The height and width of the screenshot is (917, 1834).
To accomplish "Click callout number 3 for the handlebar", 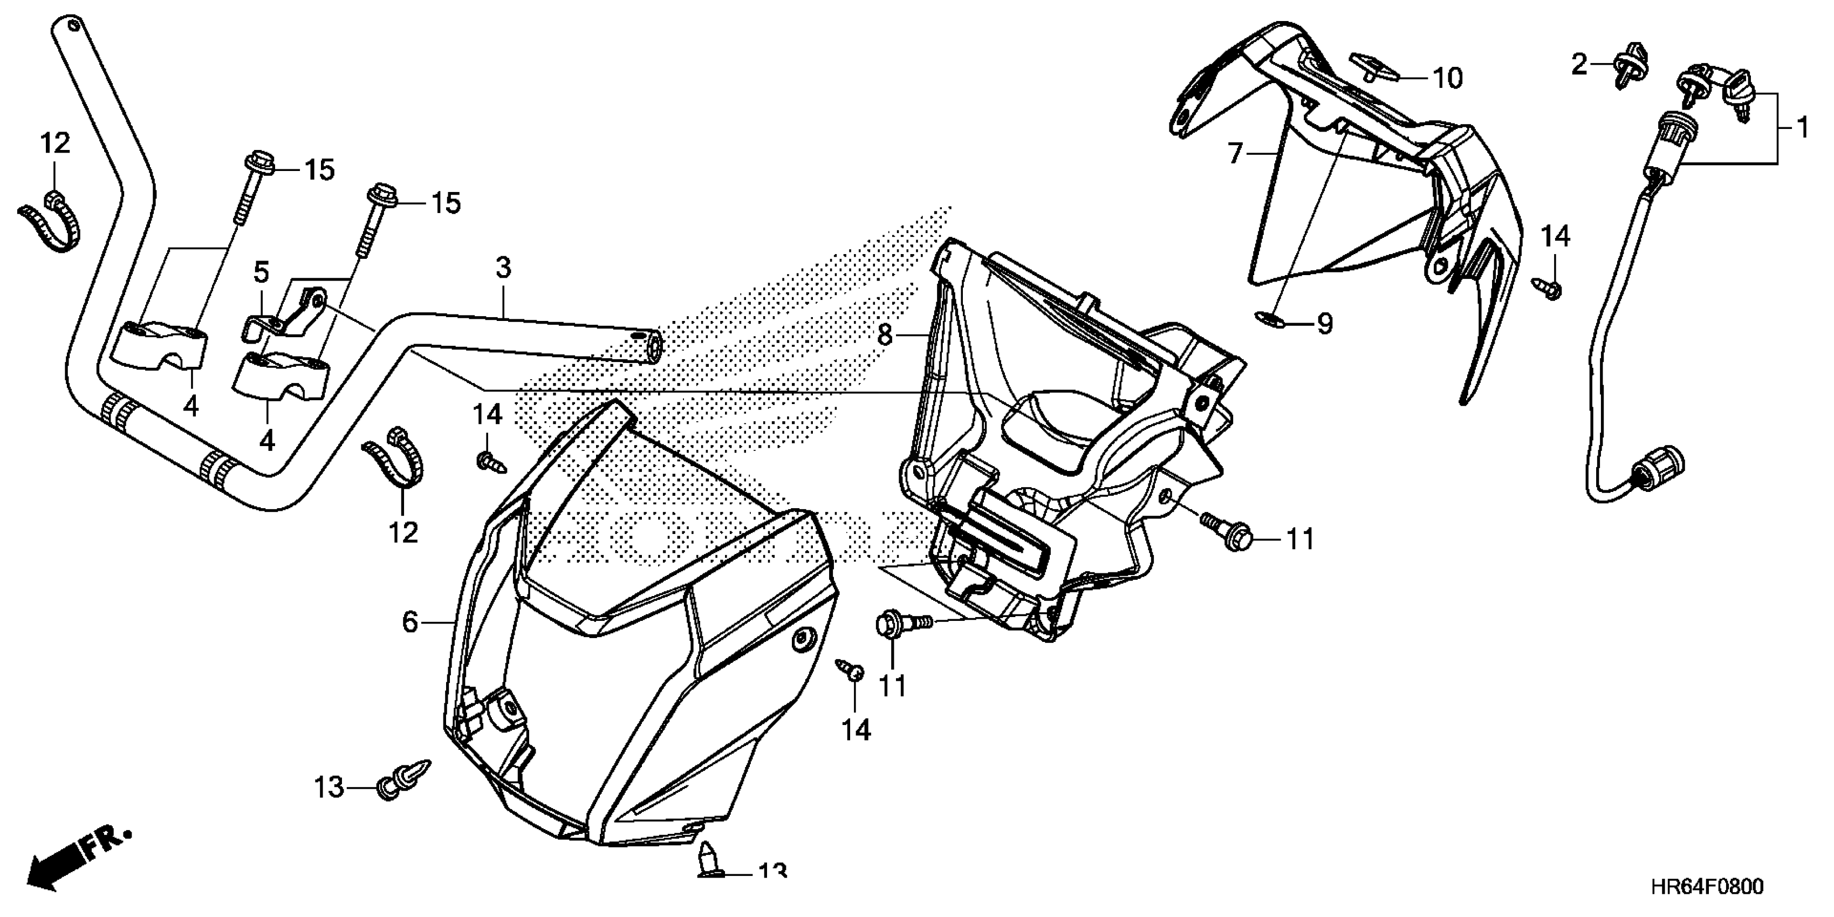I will coord(503,269).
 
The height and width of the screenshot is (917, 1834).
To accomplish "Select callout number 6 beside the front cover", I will coord(410,622).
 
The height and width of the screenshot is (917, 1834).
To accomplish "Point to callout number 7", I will coord(1235,153).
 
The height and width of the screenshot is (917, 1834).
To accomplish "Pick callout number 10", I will coord(1447,78).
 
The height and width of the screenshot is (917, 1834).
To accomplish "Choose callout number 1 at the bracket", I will coord(1802,128).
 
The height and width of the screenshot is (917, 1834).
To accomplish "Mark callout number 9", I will coord(1324,325).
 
